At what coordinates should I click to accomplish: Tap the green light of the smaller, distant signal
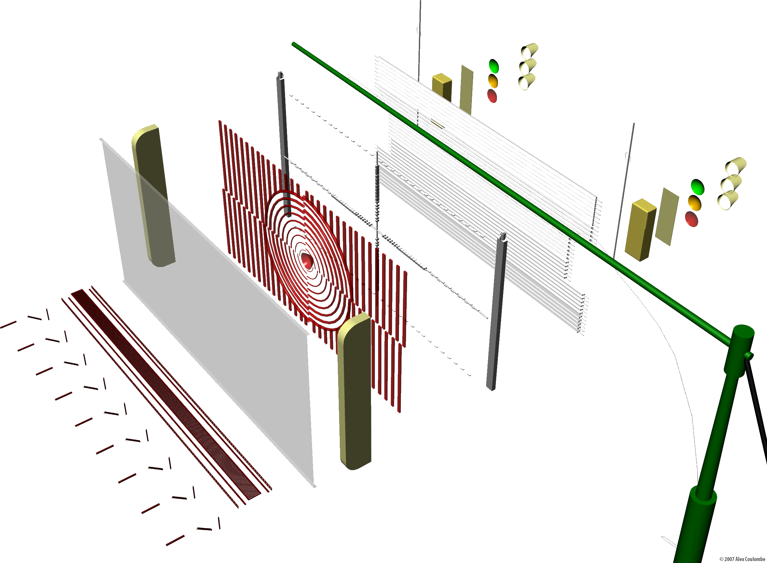(x=494, y=66)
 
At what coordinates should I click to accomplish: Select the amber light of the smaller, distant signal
(x=493, y=81)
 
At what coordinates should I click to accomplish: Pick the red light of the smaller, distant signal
(x=492, y=96)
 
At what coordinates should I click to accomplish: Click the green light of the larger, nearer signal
(x=697, y=187)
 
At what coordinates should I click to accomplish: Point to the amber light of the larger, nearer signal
(x=694, y=203)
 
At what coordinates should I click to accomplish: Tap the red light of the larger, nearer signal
(x=692, y=219)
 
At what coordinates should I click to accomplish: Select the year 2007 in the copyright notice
(x=730, y=559)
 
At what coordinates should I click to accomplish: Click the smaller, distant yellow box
(x=442, y=88)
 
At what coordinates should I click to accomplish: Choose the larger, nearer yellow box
(x=640, y=230)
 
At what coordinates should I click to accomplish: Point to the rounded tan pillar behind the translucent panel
(x=154, y=196)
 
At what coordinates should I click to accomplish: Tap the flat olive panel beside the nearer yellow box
(x=667, y=217)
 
